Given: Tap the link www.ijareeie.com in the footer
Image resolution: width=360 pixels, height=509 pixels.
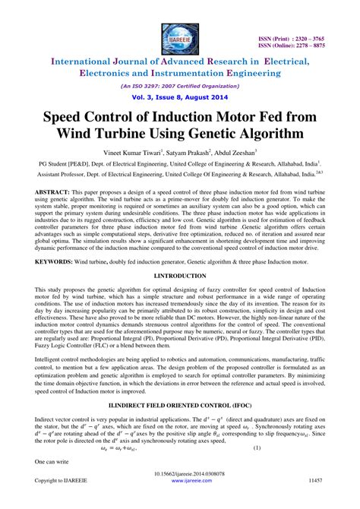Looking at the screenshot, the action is [180, 482].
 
